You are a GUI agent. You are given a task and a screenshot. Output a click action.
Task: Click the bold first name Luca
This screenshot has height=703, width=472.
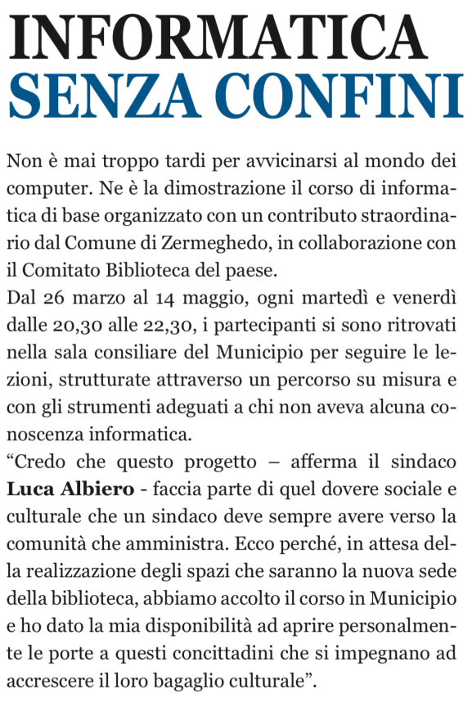click(x=30, y=489)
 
